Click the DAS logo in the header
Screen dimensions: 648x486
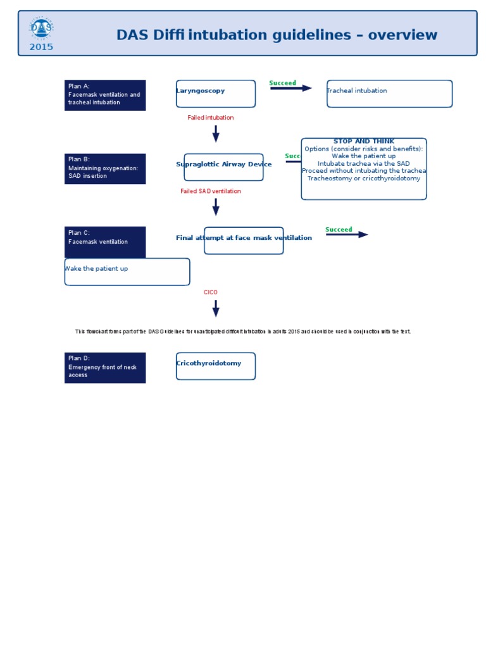(x=41, y=28)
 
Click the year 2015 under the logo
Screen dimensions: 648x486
(x=41, y=47)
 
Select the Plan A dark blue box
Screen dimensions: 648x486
(x=105, y=95)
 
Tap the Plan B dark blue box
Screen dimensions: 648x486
(x=105, y=169)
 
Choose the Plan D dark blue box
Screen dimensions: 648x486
(x=105, y=368)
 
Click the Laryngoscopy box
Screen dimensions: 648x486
(x=216, y=94)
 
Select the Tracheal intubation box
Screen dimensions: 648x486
(x=389, y=94)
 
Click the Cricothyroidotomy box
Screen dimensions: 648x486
(x=216, y=366)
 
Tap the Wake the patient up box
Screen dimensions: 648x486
(x=127, y=271)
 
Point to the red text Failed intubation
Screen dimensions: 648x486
(x=210, y=118)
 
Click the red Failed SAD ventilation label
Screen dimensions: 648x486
(x=210, y=191)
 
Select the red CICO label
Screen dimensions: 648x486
(x=210, y=292)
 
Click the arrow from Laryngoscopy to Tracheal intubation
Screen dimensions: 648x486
(x=291, y=89)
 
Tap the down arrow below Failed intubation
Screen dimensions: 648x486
(x=216, y=134)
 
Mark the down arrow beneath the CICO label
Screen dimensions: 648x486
(x=216, y=308)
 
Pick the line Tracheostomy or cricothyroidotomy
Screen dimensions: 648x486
(x=364, y=178)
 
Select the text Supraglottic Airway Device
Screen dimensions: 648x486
(x=223, y=165)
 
